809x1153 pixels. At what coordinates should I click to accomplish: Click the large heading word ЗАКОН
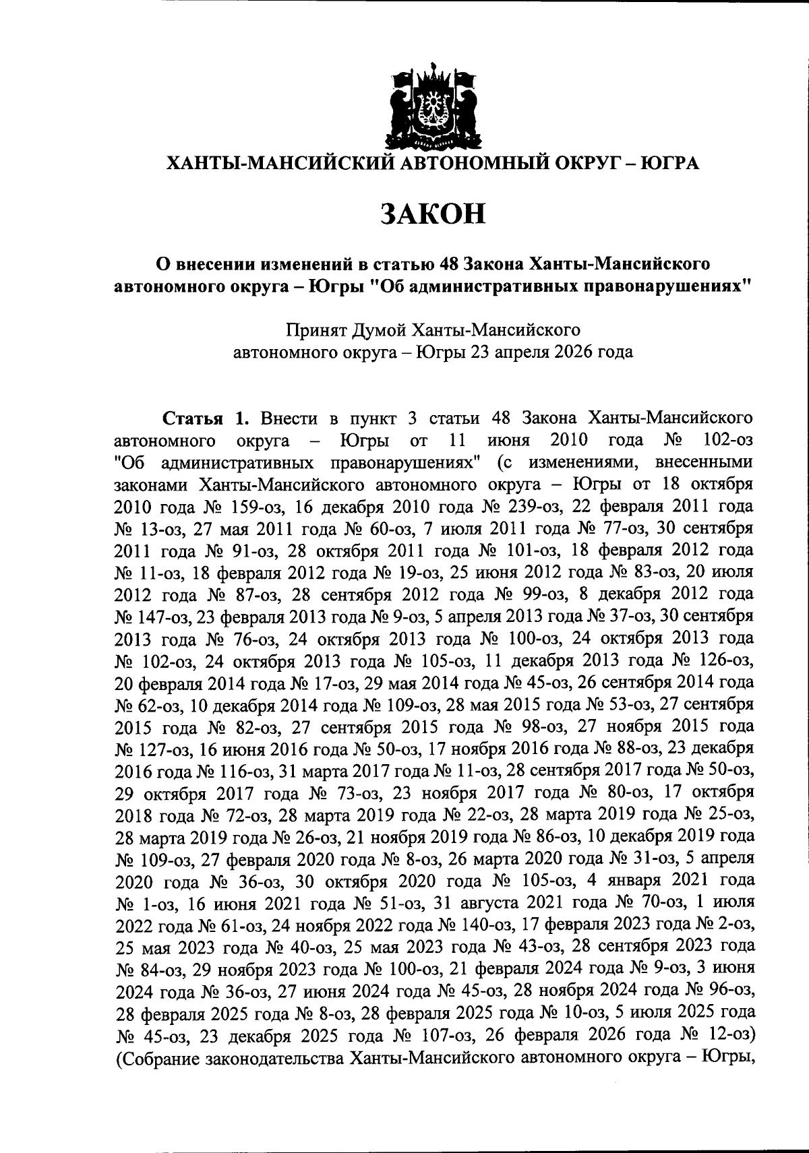[433, 214]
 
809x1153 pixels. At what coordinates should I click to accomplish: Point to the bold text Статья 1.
[207, 417]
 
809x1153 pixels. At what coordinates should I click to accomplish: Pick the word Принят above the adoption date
[314, 330]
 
